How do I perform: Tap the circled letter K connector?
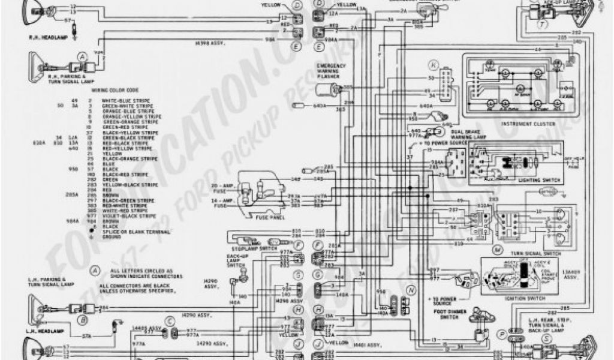pyautogui.click(x=433, y=63)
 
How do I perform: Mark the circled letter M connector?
pyautogui.click(x=497, y=248)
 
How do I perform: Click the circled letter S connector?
pyautogui.click(x=547, y=338)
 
